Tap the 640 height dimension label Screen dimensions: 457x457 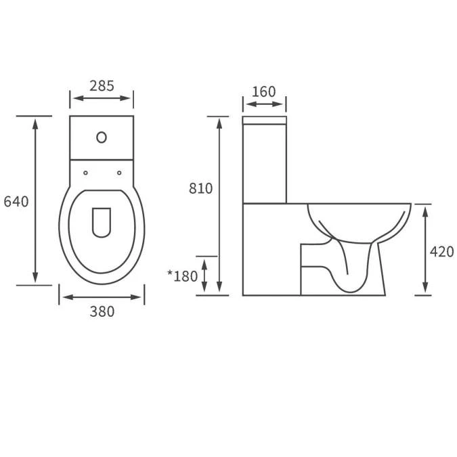tap(16, 202)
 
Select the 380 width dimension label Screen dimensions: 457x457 tap(102, 312)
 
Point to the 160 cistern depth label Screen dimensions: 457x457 tap(264, 91)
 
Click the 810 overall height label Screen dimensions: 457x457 tap(200, 188)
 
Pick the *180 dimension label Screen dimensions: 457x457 tap(182, 276)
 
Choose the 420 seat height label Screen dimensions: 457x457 tap(441, 252)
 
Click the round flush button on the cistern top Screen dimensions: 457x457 tap(102, 137)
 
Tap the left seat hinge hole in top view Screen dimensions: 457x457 tap(85, 173)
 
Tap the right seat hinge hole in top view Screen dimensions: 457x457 tap(118, 173)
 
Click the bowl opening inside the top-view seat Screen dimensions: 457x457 tap(101, 221)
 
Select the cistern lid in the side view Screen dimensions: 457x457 tap(264, 121)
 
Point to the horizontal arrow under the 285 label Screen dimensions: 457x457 tap(102, 99)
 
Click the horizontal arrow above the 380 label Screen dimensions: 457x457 tap(102, 297)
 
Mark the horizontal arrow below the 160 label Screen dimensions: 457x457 tap(264, 104)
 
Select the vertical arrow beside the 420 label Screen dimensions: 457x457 tap(425, 249)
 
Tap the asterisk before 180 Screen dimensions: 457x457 tap(170, 274)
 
